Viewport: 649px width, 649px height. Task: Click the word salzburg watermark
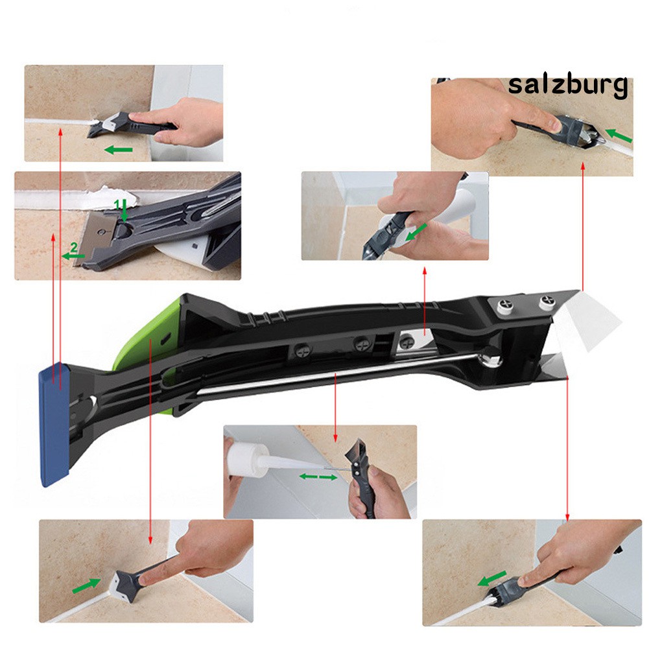pyautogui.click(x=567, y=86)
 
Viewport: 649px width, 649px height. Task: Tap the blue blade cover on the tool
pyautogui.click(x=54, y=425)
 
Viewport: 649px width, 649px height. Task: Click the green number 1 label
pyautogui.click(x=117, y=204)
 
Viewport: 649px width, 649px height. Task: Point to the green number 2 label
pyautogui.click(x=74, y=248)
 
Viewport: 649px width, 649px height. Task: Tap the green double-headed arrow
pyautogui.click(x=318, y=477)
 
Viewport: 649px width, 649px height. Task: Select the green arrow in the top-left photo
pyautogui.click(x=119, y=150)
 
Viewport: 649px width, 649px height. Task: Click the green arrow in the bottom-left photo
pyautogui.click(x=86, y=585)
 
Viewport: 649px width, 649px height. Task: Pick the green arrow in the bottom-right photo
pyautogui.click(x=492, y=578)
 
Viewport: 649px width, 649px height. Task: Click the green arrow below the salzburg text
pyautogui.click(x=619, y=136)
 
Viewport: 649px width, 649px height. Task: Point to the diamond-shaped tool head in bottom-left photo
pyautogui.click(x=125, y=585)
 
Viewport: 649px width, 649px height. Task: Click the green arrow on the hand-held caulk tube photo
pyautogui.click(x=416, y=232)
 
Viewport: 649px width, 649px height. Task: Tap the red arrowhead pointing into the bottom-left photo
pyautogui.click(x=150, y=540)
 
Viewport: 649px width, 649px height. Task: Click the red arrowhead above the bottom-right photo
pyautogui.click(x=567, y=517)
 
